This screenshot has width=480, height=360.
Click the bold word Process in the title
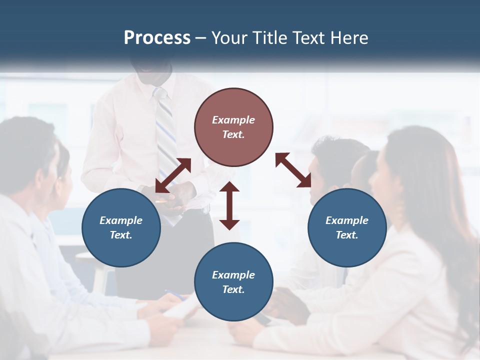[157, 38]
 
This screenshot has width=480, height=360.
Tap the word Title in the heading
[270, 38]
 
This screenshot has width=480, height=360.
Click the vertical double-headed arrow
[229, 206]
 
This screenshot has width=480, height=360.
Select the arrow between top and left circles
[173, 175]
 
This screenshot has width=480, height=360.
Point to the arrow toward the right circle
[293, 170]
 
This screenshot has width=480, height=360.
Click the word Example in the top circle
[233, 120]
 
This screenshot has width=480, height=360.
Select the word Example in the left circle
[121, 220]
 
